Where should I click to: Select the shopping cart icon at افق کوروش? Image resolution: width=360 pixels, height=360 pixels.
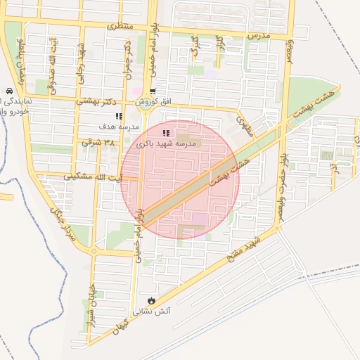click(x=153, y=91)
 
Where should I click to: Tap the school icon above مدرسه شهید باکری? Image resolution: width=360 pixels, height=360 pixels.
click(x=165, y=133)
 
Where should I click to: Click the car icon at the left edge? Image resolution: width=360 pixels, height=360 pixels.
click(x=7, y=91)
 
